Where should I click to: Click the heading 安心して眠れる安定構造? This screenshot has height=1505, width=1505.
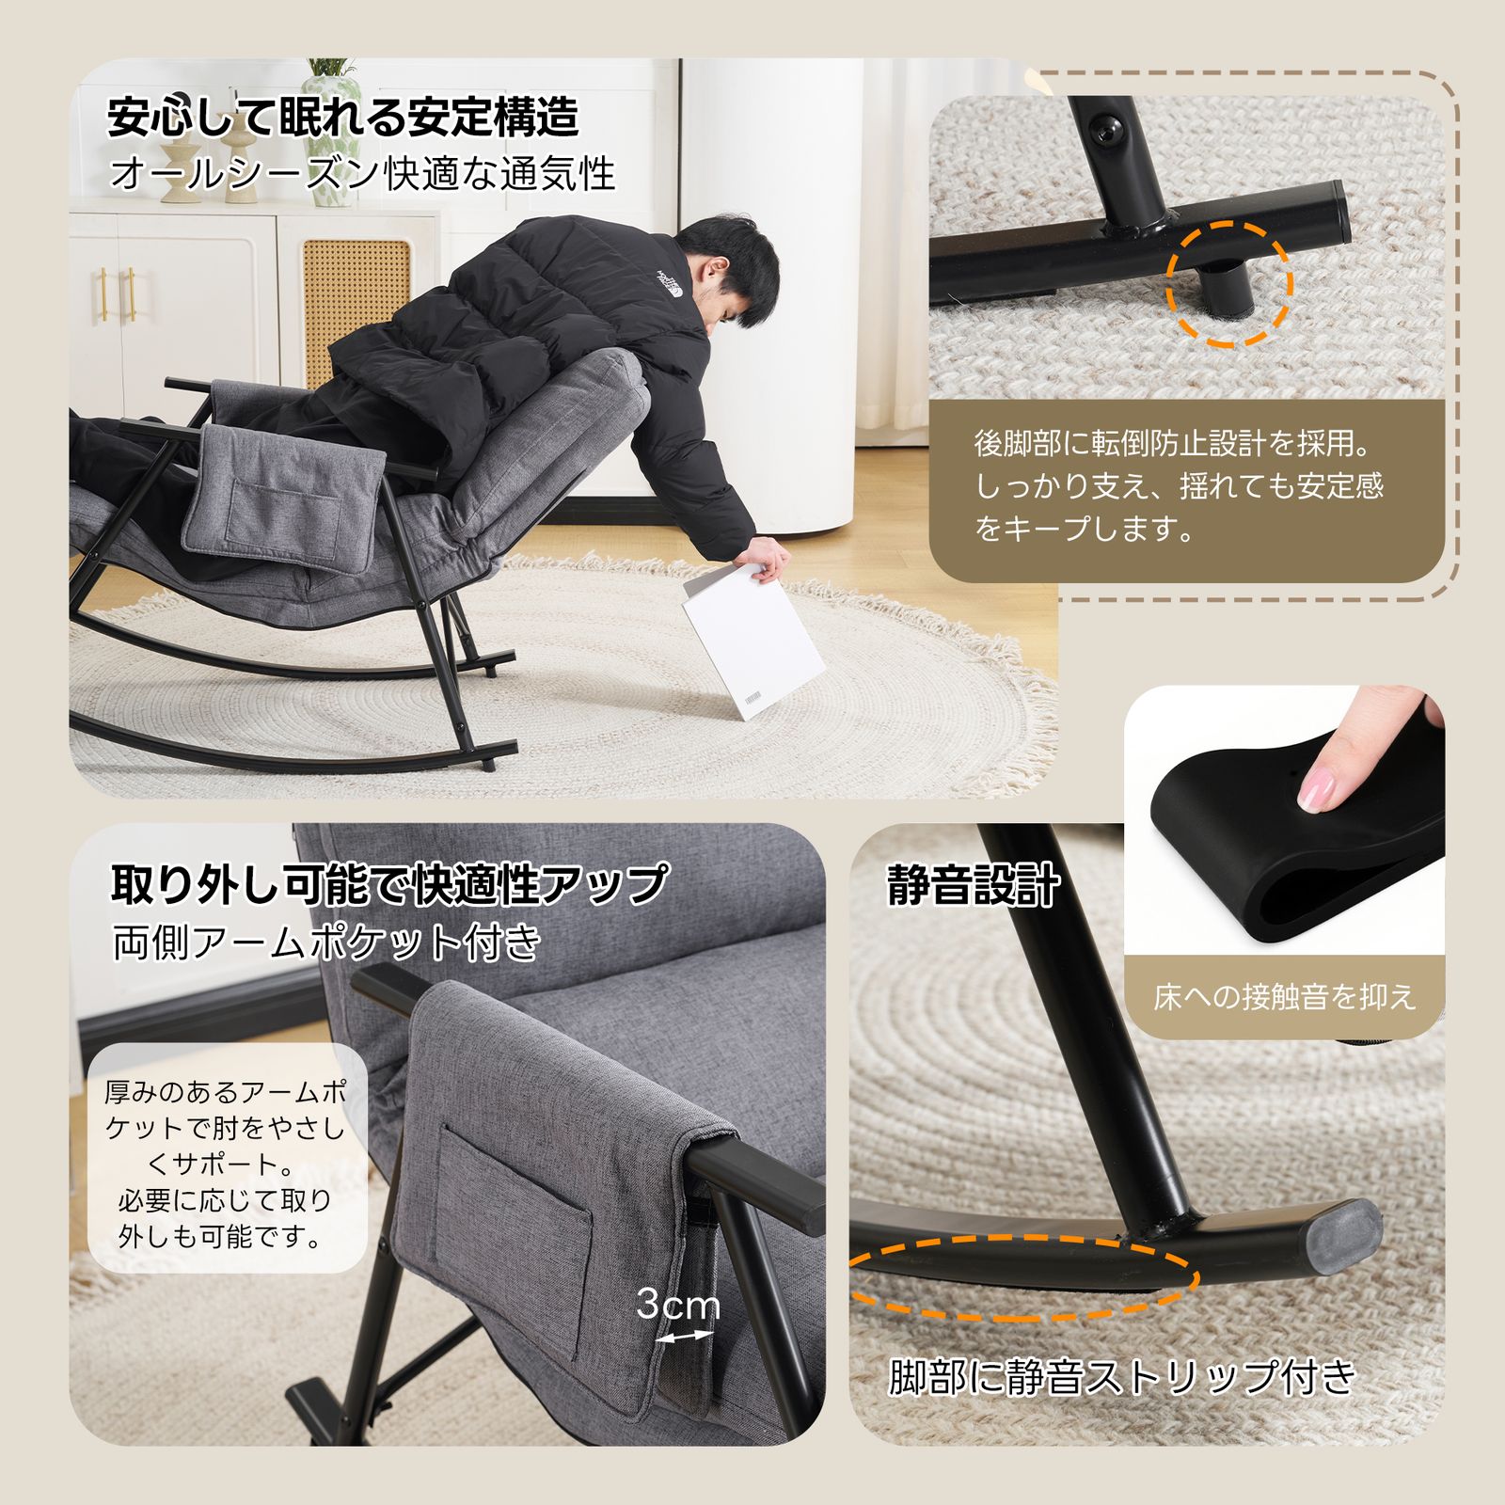pyautogui.click(x=343, y=117)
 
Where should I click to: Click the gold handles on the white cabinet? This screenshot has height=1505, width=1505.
pyautogui.click(x=126, y=294)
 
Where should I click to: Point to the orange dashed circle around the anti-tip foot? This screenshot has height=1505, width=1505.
pyautogui.click(x=1229, y=284)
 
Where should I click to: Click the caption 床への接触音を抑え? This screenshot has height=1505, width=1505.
pyautogui.click(x=1284, y=997)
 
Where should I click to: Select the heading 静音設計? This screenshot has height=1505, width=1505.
pyautogui.click(x=974, y=885)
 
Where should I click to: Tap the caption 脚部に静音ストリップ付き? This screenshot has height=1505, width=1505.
pyautogui.click(x=1122, y=1377)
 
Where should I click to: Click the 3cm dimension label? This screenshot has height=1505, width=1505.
pyautogui.click(x=677, y=1304)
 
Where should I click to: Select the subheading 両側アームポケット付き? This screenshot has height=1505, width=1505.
pyautogui.click(x=327, y=942)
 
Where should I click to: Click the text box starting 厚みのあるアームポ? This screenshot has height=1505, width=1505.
pyautogui.click(x=226, y=1163)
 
